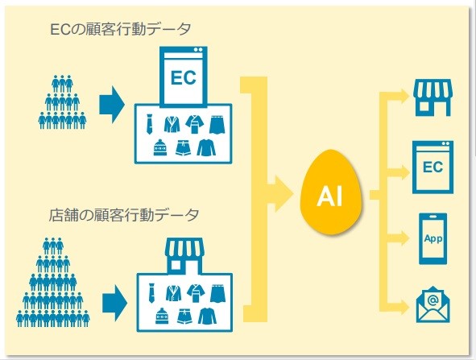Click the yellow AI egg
pos(331,192)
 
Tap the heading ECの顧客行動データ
pos(120,30)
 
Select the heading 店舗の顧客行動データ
pos(124,215)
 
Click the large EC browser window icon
pos(184,76)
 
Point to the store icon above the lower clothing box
pos(184,255)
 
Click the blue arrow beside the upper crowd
pos(112,105)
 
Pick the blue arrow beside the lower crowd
pos(114,302)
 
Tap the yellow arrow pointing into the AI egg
pos(280,193)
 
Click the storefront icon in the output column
pos(433,97)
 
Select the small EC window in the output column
pos(433,168)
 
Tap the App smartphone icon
pos(433,238)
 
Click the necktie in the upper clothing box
pos(149,124)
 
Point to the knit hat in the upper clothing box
pos(160,147)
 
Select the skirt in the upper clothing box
pos(217,125)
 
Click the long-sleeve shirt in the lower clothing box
pos(207,316)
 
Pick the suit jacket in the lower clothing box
pos(174,293)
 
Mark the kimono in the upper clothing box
pos(195,124)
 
